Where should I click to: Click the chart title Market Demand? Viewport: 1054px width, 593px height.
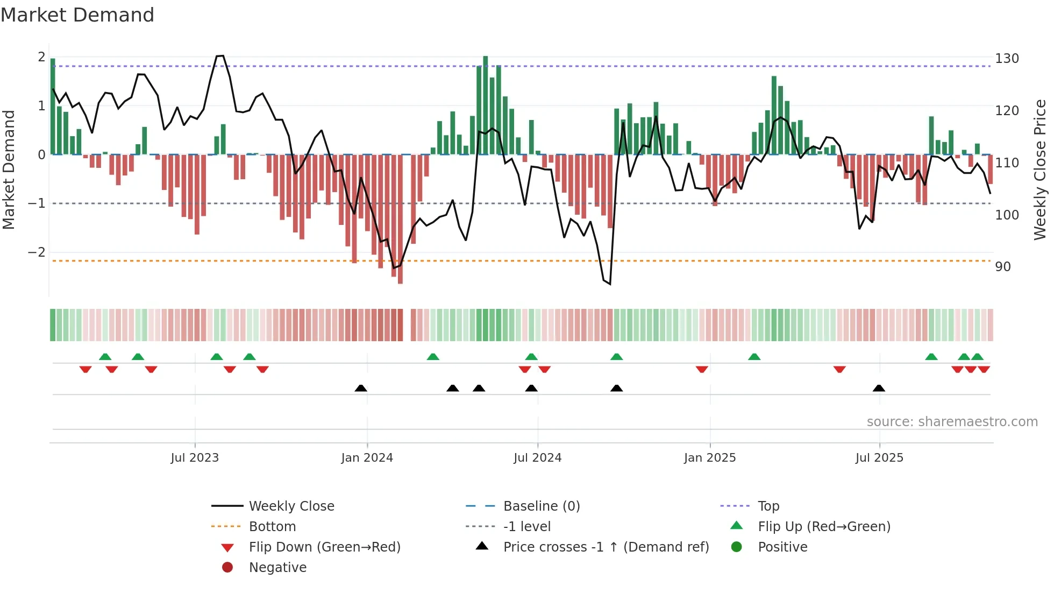point(77,15)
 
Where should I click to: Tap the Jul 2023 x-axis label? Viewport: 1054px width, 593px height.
point(195,458)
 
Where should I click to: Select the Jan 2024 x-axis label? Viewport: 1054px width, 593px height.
point(367,458)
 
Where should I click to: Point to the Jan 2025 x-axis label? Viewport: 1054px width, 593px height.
point(709,458)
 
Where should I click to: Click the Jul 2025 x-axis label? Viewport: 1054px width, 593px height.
point(879,458)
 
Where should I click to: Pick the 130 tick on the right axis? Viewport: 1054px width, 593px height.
point(1007,59)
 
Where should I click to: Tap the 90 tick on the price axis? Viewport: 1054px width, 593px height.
point(1003,267)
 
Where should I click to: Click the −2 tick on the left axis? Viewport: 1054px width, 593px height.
point(37,252)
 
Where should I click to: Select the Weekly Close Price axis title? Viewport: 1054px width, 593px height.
point(1039,170)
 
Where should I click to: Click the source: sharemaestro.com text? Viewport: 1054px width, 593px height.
point(952,422)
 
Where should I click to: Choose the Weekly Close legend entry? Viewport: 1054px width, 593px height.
point(291,506)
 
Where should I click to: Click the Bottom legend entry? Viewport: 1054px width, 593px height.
point(272,527)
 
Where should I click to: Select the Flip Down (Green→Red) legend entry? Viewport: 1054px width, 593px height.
point(324,547)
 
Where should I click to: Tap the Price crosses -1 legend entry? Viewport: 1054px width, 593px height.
point(606,547)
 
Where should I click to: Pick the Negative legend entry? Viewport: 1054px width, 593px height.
point(277,568)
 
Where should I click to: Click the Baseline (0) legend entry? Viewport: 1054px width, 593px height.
point(541,506)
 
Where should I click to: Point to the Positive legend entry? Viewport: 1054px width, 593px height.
point(782,547)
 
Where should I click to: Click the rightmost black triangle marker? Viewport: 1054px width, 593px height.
point(879,389)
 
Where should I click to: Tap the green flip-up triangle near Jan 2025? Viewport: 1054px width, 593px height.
point(754,357)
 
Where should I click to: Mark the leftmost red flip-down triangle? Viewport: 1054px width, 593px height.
point(86,369)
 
